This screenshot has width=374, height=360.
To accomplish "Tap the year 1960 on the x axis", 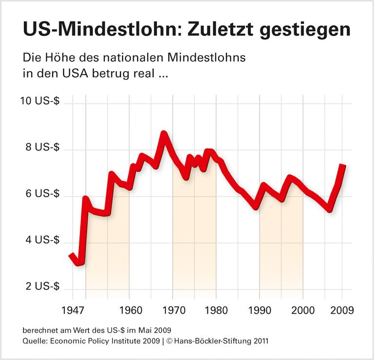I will point(129,309).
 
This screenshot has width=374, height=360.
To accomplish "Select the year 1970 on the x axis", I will point(172,309).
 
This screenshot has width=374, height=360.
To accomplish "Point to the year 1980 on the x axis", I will point(216,309).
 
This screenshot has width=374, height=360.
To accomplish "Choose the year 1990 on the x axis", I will point(259,309).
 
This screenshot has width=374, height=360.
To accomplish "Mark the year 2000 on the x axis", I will point(303,309).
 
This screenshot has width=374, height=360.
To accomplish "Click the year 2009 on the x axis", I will point(342,309).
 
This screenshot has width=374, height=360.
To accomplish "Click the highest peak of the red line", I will point(164,133).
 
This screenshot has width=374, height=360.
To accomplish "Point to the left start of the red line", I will point(71,255).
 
